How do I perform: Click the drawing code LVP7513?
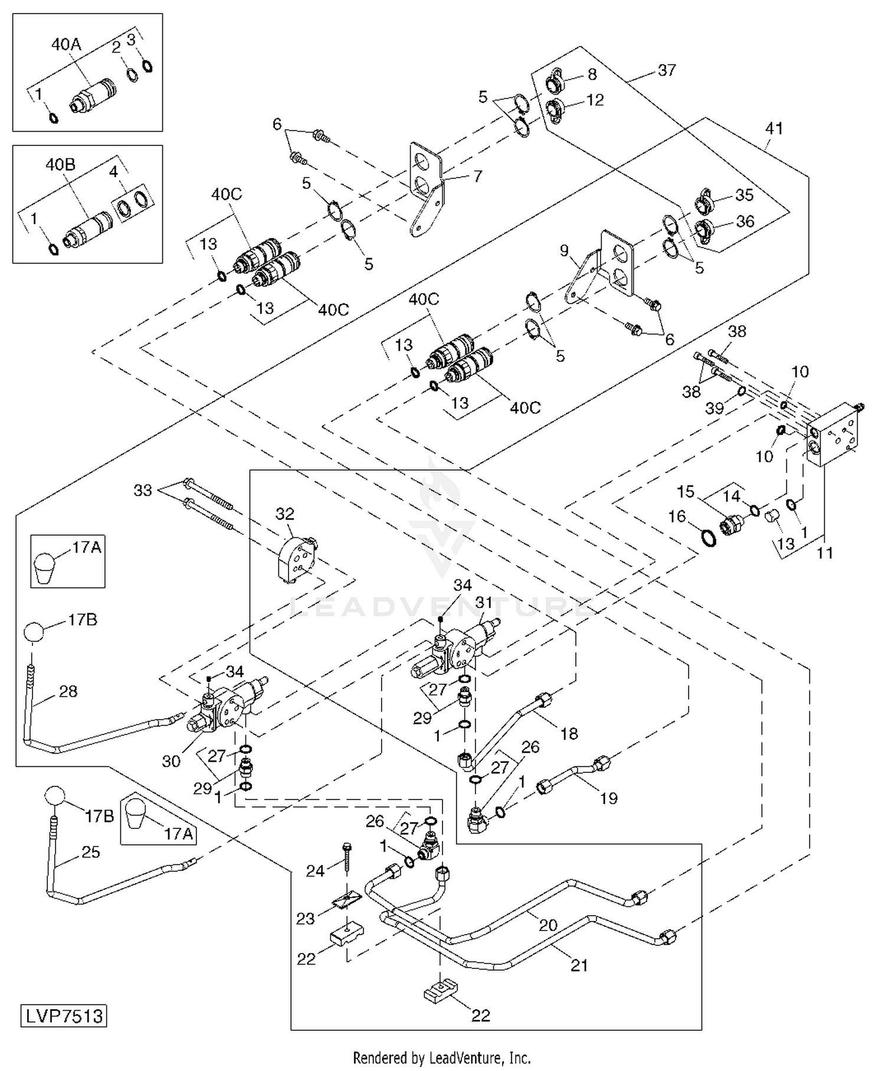pyautogui.click(x=65, y=1016)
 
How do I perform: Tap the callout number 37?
pyautogui.click(x=667, y=70)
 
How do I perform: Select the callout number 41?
pyautogui.click(x=773, y=128)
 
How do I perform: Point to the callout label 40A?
pyautogui.click(x=66, y=44)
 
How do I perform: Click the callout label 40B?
pyautogui.click(x=61, y=165)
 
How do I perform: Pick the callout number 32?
pyautogui.click(x=284, y=514)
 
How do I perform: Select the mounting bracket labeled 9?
pyautogui.click(x=602, y=266)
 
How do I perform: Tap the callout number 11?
pyautogui.click(x=824, y=553)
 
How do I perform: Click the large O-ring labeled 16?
pyautogui.click(x=709, y=537)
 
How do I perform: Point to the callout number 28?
pyautogui.click(x=68, y=691)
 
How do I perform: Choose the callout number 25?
pyautogui.click(x=90, y=852)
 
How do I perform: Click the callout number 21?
pyautogui.click(x=579, y=965)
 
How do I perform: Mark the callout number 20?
pyautogui.click(x=548, y=925)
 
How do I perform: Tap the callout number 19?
pyautogui.click(x=608, y=798)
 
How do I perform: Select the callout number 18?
pyautogui.click(x=569, y=733)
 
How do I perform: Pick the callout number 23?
pyautogui.click(x=305, y=919)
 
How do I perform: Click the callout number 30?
pyautogui.click(x=171, y=761)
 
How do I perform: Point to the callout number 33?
pyautogui.click(x=143, y=490)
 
